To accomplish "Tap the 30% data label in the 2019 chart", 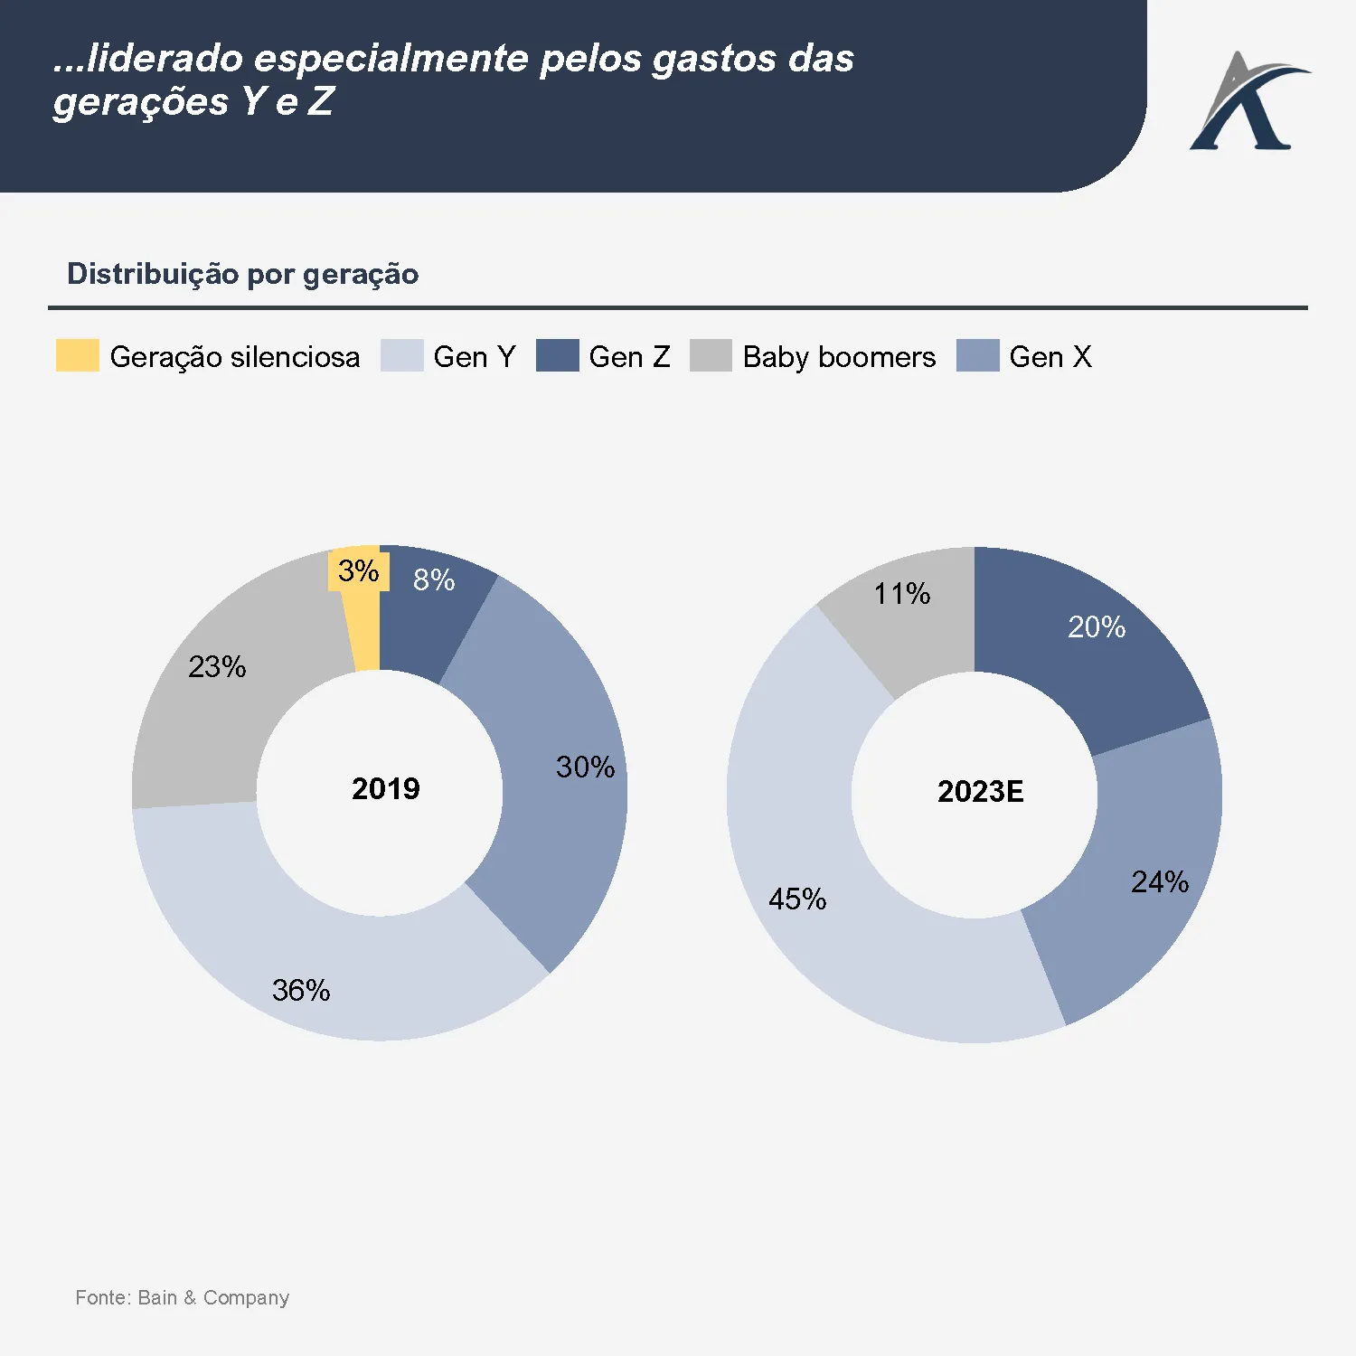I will click(x=585, y=767).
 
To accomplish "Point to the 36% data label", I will click(x=301, y=991).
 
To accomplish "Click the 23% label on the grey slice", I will click(x=217, y=667).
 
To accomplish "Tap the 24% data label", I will click(x=1160, y=882).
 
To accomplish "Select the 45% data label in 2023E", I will click(x=797, y=899).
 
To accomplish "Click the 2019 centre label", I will click(x=386, y=789).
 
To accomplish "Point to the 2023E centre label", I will click(x=981, y=792).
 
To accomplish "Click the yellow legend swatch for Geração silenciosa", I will click(x=78, y=355).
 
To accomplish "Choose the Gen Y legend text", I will click(x=475, y=357).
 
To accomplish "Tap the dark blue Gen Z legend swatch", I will click(x=557, y=355).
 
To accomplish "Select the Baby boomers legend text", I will click(x=839, y=357).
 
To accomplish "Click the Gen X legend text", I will click(x=1050, y=357).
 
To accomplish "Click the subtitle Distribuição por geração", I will click(x=243, y=274).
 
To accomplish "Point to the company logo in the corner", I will click(x=1248, y=102).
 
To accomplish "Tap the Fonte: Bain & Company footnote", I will click(x=182, y=1298).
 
